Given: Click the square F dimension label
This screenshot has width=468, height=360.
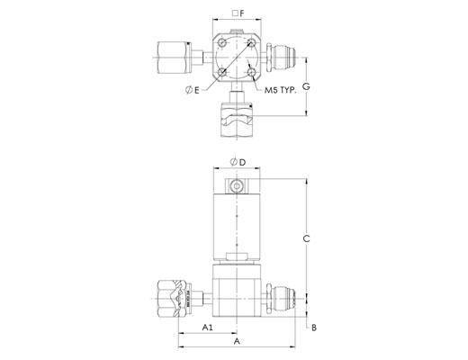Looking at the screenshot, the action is tap(238, 13).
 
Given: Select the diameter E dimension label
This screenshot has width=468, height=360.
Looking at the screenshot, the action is tap(193, 90).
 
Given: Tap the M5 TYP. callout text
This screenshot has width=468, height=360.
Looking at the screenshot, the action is tap(280, 90).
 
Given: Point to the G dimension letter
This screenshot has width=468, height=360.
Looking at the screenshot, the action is tap(306, 86).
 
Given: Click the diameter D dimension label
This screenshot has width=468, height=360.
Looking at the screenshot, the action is tap(238, 162).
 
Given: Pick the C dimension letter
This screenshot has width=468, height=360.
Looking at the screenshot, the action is tap(306, 238).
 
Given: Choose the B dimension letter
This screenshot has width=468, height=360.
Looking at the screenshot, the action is tap(314, 328).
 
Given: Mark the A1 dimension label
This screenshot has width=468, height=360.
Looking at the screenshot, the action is tap(207, 328).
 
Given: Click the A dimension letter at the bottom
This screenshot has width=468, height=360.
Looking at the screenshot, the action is tap(237, 341).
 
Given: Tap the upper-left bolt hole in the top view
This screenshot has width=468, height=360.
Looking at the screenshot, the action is tap(222, 43).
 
